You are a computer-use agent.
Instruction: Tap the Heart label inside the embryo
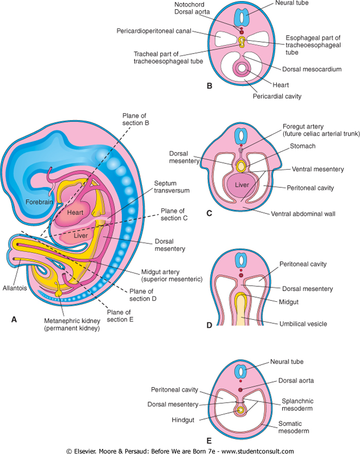click(76, 211)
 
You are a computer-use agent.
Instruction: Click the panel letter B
click(209, 86)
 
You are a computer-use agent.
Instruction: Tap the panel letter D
click(209, 325)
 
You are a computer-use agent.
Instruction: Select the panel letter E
click(209, 440)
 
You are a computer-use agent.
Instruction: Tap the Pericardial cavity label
click(277, 96)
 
